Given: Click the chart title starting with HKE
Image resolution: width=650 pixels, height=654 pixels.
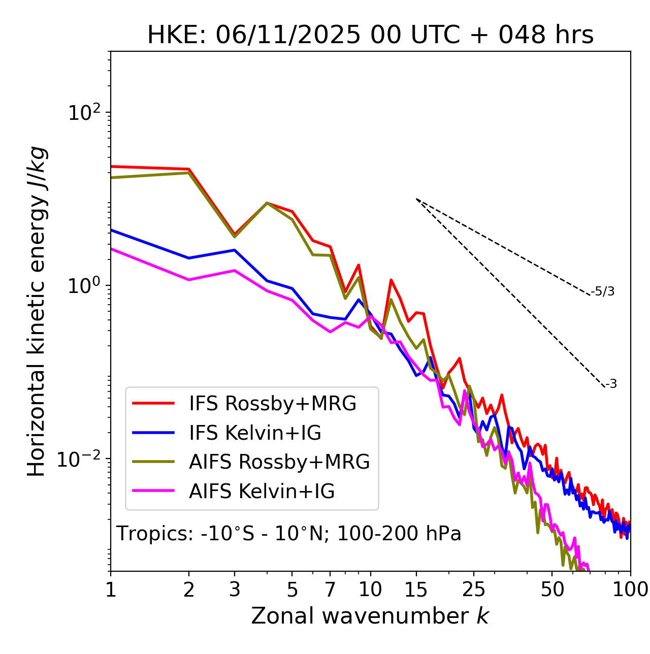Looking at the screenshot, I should click(370, 35).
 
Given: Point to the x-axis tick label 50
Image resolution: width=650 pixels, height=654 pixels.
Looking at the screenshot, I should click(552, 589).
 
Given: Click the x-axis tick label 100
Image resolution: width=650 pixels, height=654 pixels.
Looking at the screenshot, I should click(630, 589).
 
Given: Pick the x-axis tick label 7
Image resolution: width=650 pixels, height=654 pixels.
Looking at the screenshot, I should click(330, 589).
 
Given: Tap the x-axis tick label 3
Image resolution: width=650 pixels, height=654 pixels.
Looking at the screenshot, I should click(235, 589).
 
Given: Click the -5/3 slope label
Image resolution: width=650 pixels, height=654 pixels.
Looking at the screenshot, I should click(603, 291).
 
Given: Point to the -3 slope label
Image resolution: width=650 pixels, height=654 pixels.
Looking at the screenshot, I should click(611, 384).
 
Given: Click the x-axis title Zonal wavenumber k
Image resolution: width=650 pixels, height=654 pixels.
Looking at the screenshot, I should click(370, 616).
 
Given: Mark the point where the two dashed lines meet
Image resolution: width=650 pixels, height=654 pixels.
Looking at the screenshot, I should click(416, 199).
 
